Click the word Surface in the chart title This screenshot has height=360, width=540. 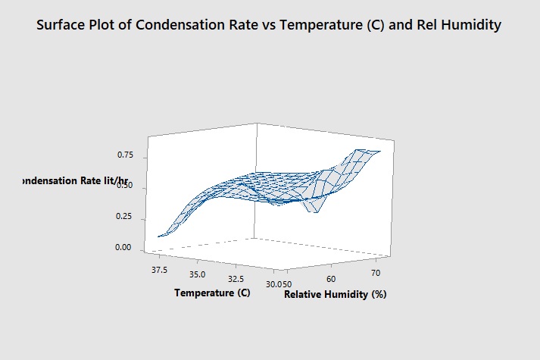tap(63, 26)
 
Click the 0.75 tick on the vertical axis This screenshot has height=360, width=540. tap(125, 155)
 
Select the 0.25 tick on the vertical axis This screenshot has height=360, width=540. tap(125, 218)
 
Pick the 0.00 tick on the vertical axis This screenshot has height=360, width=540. tap(125, 248)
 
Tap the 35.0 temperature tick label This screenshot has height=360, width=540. tap(197, 273)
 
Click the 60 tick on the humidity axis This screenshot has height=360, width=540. tap(332, 279)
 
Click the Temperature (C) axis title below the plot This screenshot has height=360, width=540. tap(211, 292)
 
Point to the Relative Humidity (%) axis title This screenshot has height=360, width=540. tap(335, 295)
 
